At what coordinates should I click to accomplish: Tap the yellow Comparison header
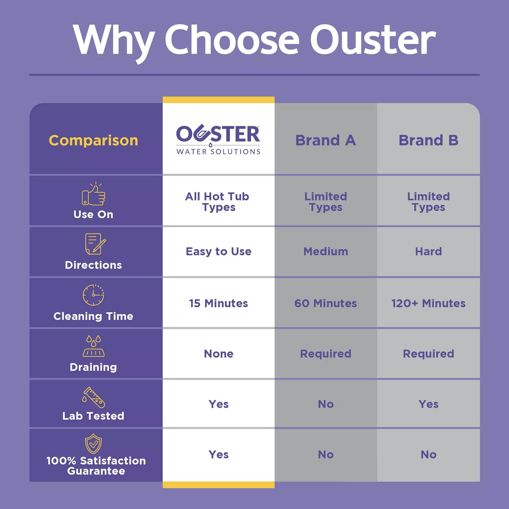pos(93,140)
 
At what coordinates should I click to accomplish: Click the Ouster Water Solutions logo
pos(218,140)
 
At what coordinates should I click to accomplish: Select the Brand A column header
pos(326,140)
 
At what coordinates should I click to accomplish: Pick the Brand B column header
pos(428,140)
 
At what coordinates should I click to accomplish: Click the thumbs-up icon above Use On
pos(93,194)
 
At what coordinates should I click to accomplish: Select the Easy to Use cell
pos(218,252)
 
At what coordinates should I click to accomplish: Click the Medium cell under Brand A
pos(326,251)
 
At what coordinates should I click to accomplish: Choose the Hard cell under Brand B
pos(428,251)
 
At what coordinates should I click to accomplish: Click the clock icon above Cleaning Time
pos(93,295)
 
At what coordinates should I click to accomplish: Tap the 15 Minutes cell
pos(218,303)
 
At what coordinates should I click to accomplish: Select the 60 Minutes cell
pos(326,303)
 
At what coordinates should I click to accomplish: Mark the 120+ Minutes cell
pos(428,303)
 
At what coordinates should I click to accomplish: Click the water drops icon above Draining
pos(93,346)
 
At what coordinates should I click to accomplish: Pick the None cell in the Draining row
pos(218,354)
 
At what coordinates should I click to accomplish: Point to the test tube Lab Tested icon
pos(93,397)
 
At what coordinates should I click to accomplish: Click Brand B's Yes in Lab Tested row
pos(428,404)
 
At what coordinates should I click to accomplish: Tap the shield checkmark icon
pos(93,444)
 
